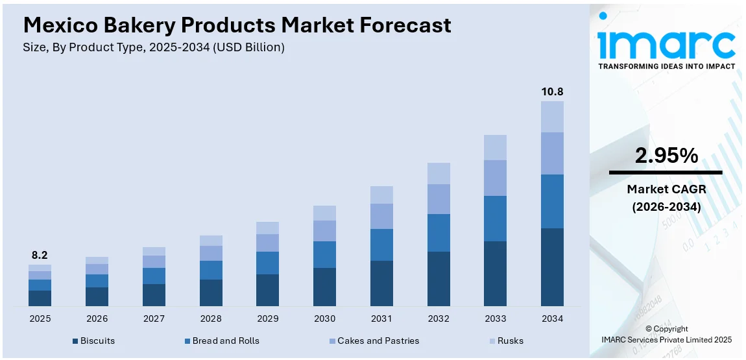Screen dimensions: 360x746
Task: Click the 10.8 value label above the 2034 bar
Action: [x=552, y=91]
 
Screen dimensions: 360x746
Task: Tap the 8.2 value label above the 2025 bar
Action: [x=40, y=256]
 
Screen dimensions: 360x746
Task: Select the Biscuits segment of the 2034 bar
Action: [x=552, y=267]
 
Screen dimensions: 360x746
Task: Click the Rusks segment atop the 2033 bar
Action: [x=495, y=147]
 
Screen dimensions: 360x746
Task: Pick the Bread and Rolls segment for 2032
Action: [x=439, y=233]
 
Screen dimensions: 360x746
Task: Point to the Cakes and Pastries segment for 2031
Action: [x=381, y=216]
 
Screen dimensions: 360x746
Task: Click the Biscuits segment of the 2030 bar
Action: [x=324, y=287]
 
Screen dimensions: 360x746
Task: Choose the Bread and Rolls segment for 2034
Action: [x=552, y=201]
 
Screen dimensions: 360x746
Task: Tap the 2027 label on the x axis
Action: [x=154, y=318]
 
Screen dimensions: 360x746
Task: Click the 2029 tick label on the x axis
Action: [x=267, y=318]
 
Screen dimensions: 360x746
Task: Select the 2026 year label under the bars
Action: [x=97, y=318]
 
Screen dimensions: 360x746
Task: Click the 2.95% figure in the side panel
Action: [x=666, y=156]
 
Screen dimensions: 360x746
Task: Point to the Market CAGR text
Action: [x=666, y=189]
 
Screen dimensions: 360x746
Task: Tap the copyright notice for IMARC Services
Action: [x=667, y=334]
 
